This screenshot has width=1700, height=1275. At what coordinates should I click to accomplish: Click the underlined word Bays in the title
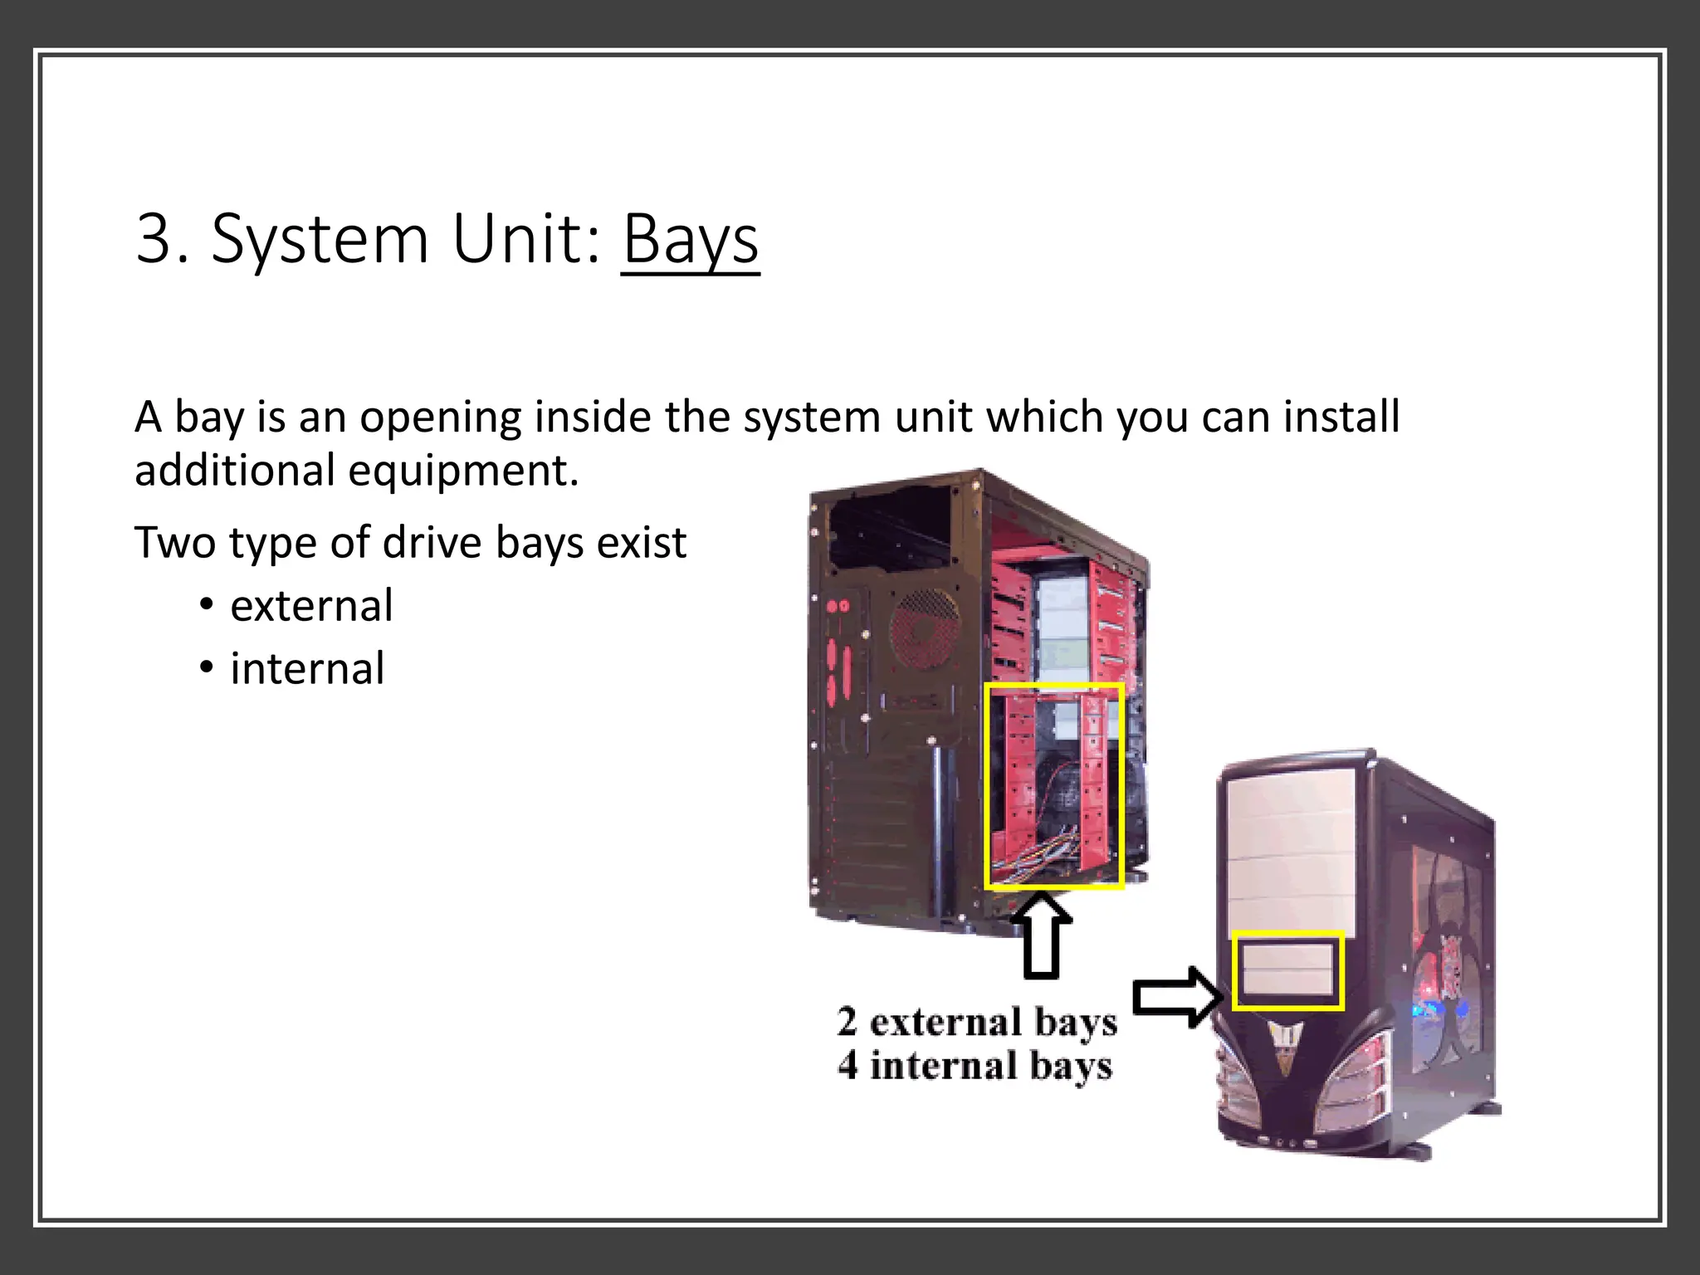[x=690, y=240]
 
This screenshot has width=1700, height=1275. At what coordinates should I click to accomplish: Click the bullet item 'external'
[x=311, y=606]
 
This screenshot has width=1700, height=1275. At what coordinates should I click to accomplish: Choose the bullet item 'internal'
[x=307, y=669]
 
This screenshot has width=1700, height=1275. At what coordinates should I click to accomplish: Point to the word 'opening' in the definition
[x=440, y=418]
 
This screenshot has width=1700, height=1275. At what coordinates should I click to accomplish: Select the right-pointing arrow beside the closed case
[x=1177, y=997]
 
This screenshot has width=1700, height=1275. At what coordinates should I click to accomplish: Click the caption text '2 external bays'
[x=977, y=1023]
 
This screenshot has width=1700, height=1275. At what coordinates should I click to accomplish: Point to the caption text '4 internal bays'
[x=975, y=1066]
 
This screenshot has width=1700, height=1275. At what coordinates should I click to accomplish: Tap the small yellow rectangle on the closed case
[x=1287, y=970]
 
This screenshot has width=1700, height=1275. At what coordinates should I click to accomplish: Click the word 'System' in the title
[x=320, y=241]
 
